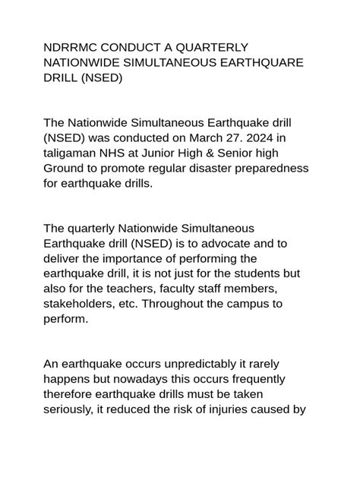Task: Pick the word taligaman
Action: tap(74, 153)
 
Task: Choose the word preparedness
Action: tap(270, 168)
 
